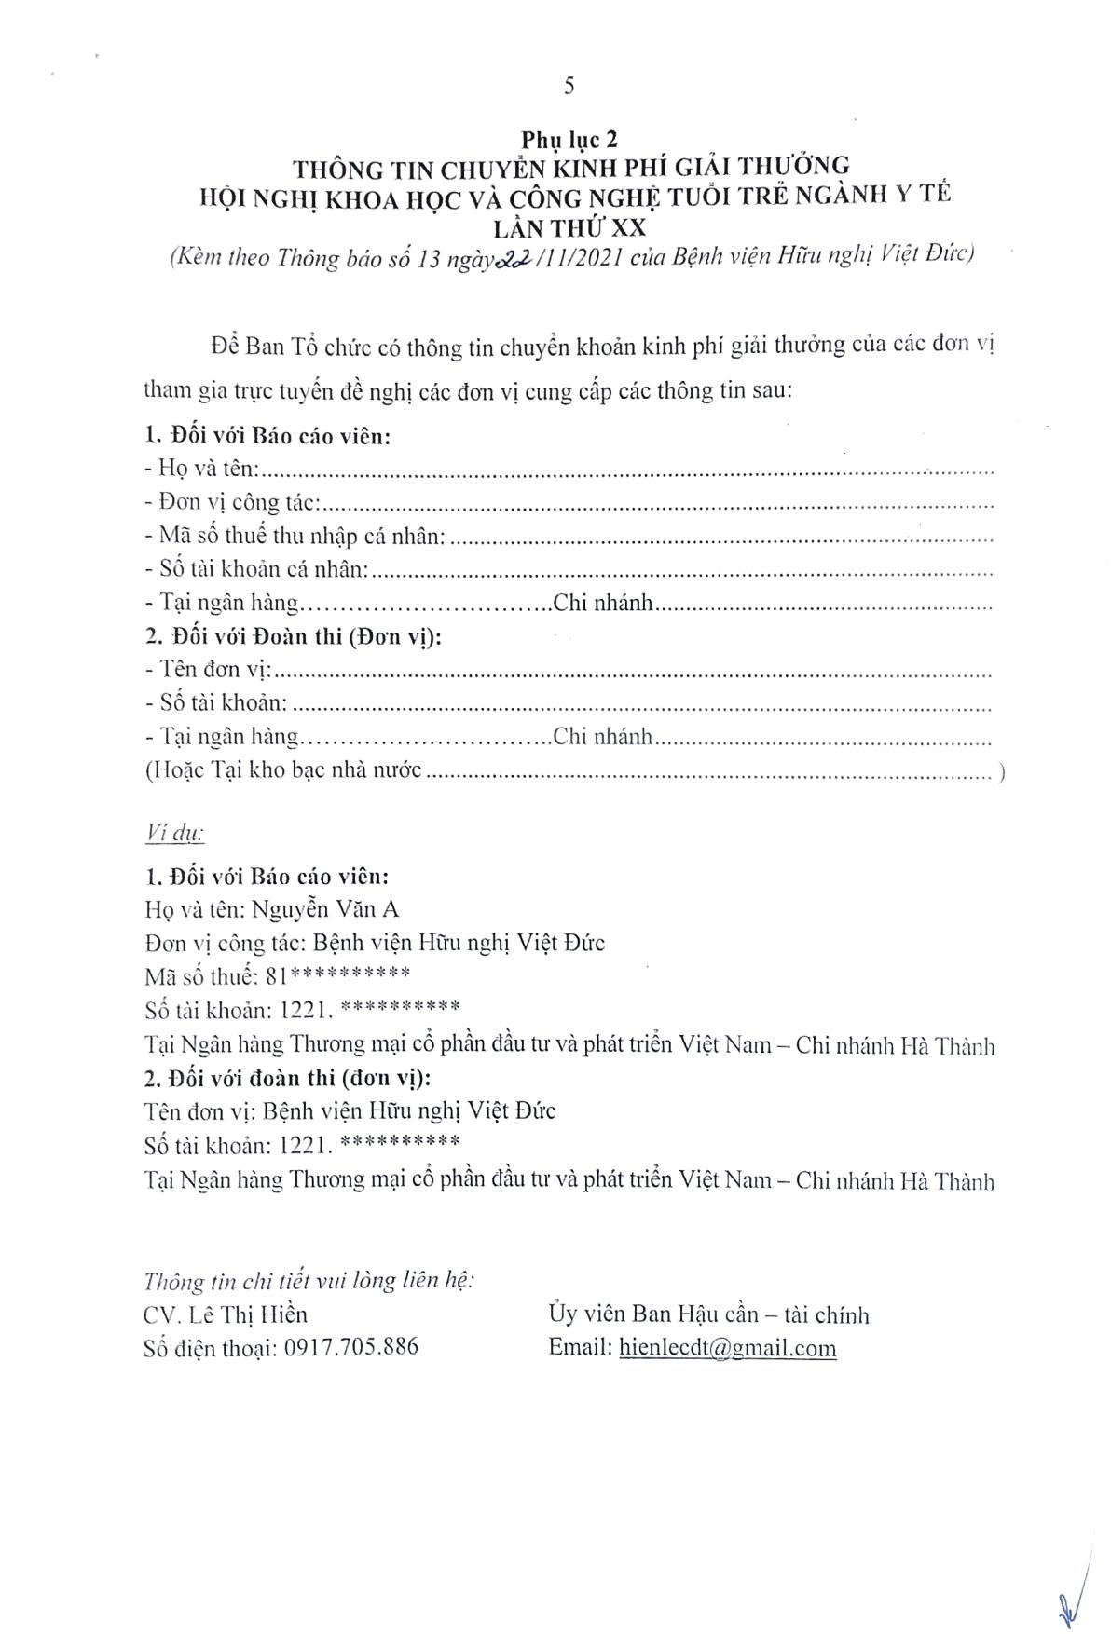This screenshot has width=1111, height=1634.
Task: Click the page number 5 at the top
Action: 569,87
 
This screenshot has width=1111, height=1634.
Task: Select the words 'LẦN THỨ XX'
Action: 569,225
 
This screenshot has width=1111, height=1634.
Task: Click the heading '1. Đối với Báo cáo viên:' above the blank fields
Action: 268,436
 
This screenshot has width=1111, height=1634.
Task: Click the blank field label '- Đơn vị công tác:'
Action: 233,504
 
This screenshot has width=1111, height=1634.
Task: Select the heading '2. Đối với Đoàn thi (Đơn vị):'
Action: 295,637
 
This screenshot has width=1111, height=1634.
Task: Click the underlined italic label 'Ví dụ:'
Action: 175,832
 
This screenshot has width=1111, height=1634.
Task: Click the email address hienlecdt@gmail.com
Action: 726,1348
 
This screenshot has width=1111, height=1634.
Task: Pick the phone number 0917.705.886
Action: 349,1347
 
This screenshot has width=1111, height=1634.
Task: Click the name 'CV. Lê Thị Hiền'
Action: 226,1314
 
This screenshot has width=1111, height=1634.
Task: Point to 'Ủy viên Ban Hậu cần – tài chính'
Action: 708,1314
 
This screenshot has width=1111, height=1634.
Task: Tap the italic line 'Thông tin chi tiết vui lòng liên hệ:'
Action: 309,1281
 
